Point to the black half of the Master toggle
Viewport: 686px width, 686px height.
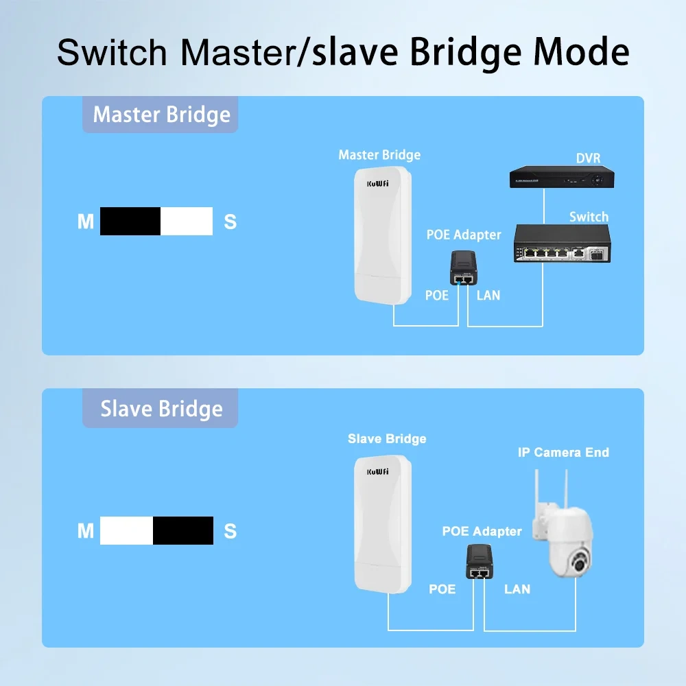pyautogui.click(x=130, y=221)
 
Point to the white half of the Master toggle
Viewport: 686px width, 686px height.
pyautogui.click(x=186, y=221)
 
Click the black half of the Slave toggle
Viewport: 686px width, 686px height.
pyautogui.click(x=182, y=530)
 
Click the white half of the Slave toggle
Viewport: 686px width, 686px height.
pyautogui.click(x=126, y=530)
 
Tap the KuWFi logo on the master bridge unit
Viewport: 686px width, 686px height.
pyautogui.click(x=378, y=183)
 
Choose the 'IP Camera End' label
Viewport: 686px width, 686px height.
pyautogui.click(x=563, y=452)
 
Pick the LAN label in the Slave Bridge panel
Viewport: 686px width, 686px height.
pyautogui.click(x=517, y=589)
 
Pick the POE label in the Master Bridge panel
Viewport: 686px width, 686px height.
pyautogui.click(x=437, y=296)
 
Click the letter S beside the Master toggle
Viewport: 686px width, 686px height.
pyautogui.click(x=230, y=222)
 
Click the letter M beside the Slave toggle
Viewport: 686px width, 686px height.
pyautogui.click(x=85, y=531)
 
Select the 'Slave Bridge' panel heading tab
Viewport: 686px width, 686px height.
pyautogui.click(x=161, y=409)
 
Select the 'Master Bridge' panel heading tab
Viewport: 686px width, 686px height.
pyautogui.click(x=161, y=115)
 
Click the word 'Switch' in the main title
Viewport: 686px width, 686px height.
pyautogui.click(x=112, y=52)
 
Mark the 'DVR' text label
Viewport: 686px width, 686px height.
pyautogui.click(x=588, y=158)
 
